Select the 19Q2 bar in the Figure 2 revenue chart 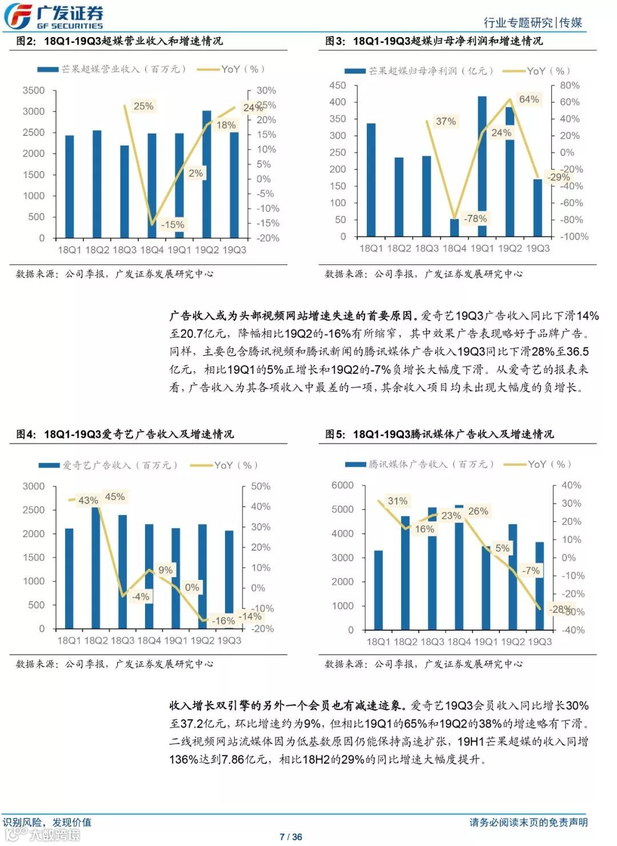[x=207, y=174]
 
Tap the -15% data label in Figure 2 [x=172, y=224]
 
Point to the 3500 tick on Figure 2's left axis [x=34, y=90]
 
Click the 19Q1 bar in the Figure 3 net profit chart [x=482, y=166]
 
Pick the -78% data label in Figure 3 [x=475, y=219]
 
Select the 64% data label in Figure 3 [x=528, y=99]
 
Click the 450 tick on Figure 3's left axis [x=338, y=85]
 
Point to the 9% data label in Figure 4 [x=165, y=570]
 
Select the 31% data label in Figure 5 [x=398, y=501]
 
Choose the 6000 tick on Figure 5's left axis [x=342, y=485]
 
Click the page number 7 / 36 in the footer [x=291, y=837]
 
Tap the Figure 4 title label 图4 [x=26, y=434]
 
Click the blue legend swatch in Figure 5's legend [x=355, y=465]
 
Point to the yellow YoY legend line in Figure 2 [x=208, y=70]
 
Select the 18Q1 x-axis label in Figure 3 [x=371, y=248]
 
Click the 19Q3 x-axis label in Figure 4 [x=229, y=640]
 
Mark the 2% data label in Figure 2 [x=195, y=173]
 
